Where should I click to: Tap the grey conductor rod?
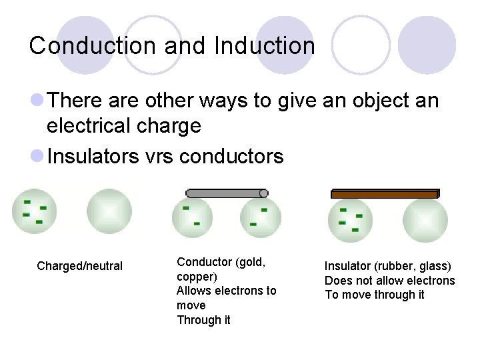pos(227,193)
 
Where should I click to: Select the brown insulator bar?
pos(385,194)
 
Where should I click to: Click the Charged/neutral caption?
pos(80,267)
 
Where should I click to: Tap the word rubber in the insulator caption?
pos(397,266)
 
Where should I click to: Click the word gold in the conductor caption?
pos(253,262)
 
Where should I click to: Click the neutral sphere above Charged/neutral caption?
pos(109,212)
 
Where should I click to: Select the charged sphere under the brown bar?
pos(349,221)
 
